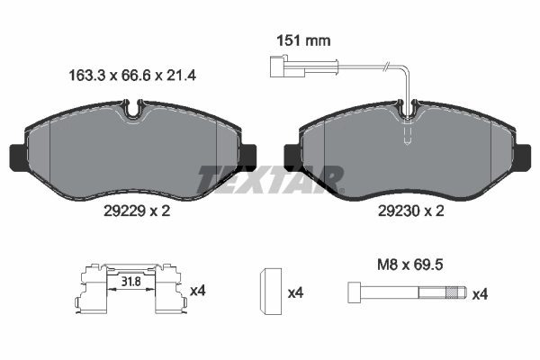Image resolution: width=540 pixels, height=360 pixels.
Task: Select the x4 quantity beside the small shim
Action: click(x=294, y=292)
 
